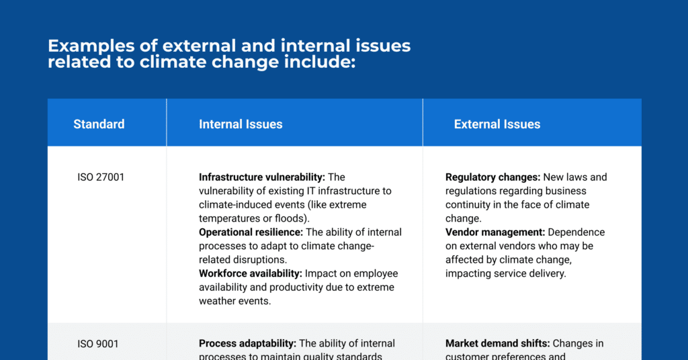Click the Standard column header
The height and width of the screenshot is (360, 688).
(x=99, y=124)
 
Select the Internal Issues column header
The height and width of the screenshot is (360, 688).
(x=241, y=124)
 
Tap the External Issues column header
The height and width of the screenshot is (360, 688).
(x=497, y=124)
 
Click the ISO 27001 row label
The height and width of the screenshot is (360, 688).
(x=101, y=177)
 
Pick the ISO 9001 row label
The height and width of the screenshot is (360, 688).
(x=98, y=344)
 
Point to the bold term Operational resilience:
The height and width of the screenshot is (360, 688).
(x=251, y=232)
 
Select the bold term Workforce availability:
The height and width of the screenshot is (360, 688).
(x=251, y=273)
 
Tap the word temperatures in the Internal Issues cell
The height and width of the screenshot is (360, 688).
(x=229, y=218)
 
